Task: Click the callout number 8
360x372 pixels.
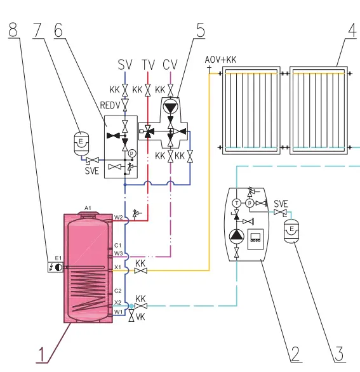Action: pos(13,30)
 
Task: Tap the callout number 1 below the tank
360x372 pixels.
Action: pos(41,355)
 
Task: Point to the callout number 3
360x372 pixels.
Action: pos(339,354)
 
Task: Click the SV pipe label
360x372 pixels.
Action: pos(125,65)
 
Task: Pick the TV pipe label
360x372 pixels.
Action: pos(149,65)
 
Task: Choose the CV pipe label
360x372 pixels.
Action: pos(170,65)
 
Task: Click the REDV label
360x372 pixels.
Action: pos(110,105)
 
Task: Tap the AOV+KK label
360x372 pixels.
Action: pos(221,60)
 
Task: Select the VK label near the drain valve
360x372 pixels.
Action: pos(140,317)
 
